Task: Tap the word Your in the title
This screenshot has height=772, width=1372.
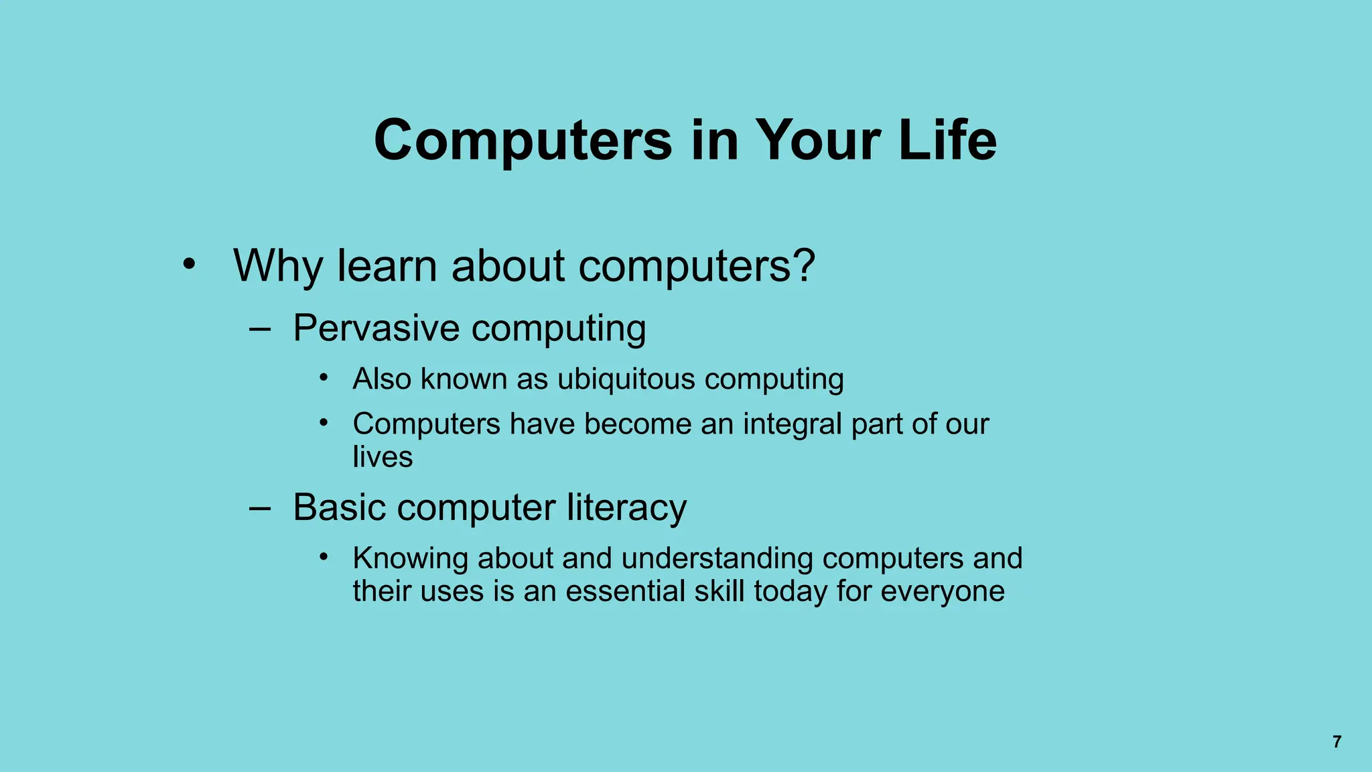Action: tap(817, 140)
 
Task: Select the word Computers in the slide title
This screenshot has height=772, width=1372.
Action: tap(523, 140)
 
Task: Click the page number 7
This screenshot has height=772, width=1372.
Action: tap(1336, 742)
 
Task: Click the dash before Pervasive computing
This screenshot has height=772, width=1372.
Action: tap(259, 329)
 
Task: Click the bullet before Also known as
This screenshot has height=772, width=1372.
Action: tap(324, 378)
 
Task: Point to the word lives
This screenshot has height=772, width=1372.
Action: tap(383, 457)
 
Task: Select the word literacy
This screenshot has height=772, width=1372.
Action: tap(626, 507)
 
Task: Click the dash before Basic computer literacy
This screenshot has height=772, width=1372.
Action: tap(259, 508)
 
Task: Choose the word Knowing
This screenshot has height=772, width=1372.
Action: tap(410, 559)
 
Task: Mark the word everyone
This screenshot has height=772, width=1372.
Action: tap(942, 592)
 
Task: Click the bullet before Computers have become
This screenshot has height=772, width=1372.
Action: tap(324, 423)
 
